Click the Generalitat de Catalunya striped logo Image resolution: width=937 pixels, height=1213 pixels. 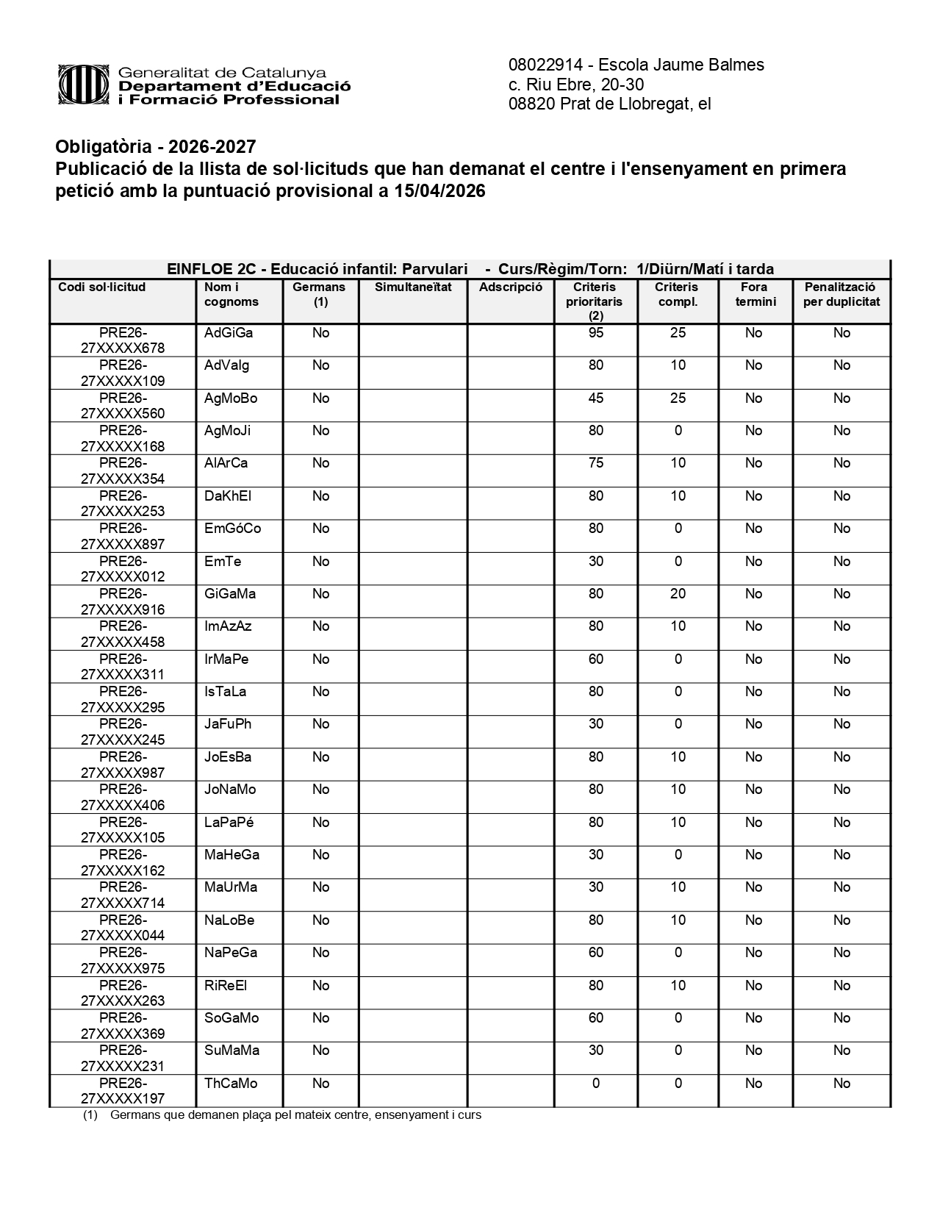84,85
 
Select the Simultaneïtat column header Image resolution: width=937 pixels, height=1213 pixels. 413,287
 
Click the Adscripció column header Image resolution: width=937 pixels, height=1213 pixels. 510,287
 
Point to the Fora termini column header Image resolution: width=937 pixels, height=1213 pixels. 755,294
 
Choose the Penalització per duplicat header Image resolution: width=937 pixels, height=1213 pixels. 841,294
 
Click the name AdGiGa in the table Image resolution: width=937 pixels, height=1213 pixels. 229,333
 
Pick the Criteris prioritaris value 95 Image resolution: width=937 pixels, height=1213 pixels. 595,333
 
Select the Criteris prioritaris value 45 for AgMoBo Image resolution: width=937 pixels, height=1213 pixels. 595,398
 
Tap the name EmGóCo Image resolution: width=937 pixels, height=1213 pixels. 232,529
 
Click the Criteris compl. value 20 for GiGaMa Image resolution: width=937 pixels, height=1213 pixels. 678,594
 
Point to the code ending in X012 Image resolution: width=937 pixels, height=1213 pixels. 123,576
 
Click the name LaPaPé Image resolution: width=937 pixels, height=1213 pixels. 229,823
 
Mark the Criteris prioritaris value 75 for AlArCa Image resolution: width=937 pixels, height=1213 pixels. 595,463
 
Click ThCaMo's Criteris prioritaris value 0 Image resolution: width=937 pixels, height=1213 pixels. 595,1084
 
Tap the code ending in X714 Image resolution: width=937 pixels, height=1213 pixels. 123,903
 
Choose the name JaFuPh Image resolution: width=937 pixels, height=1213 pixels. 228,724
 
